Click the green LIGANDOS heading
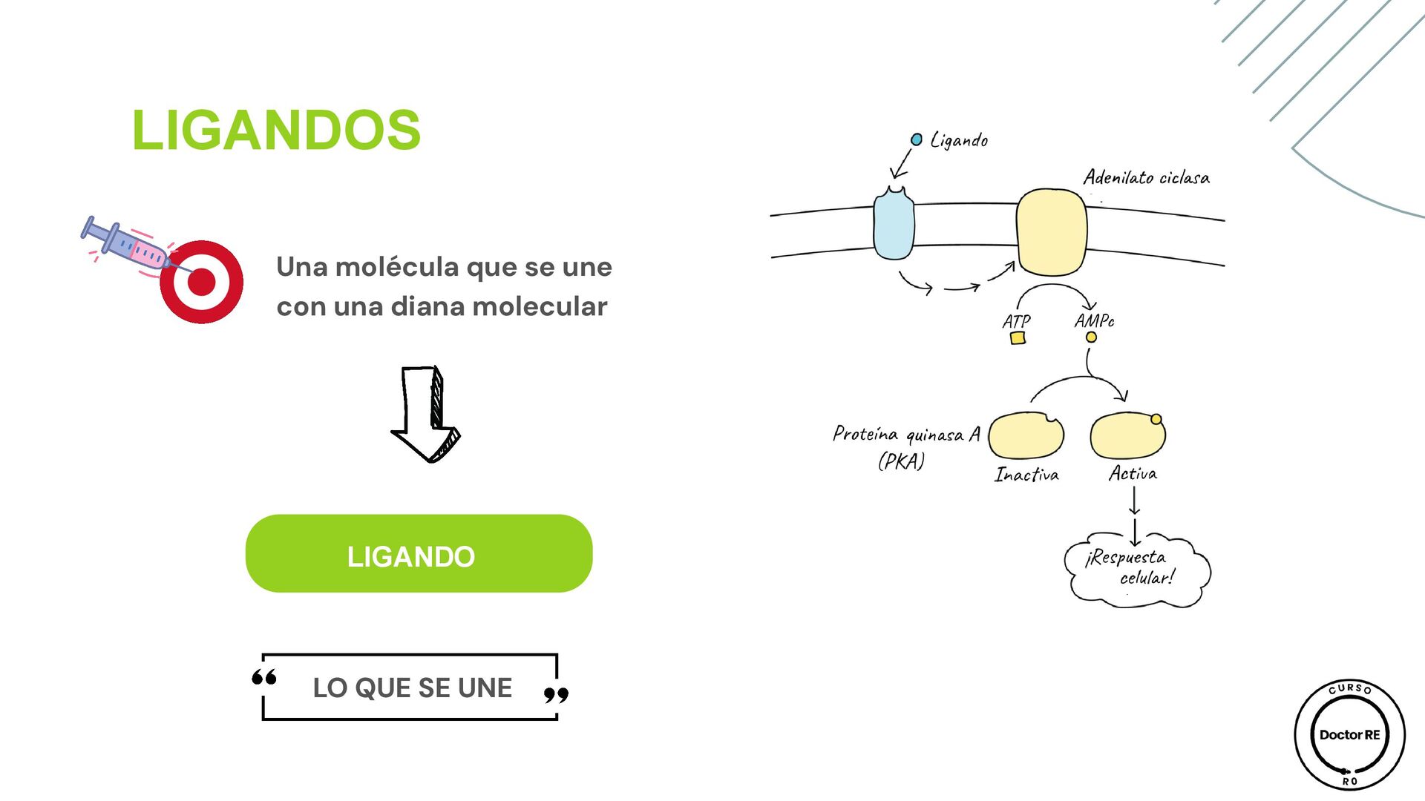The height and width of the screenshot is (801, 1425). point(276,131)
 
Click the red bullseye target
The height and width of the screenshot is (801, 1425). point(202,282)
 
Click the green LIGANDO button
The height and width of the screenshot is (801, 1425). point(419,554)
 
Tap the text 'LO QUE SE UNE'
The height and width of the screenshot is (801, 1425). point(412,688)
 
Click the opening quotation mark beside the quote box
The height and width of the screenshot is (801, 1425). point(264,677)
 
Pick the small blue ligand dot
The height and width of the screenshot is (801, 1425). point(917,139)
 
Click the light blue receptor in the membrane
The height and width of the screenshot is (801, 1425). point(894,224)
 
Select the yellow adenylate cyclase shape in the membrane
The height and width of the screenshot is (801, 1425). point(1051,232)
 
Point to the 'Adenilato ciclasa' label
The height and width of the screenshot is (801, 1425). point(1146,178)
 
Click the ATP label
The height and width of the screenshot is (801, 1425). point(1016,322)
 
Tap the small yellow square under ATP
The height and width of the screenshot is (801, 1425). point(1018,338)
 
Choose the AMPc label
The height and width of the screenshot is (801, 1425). point(1094,320)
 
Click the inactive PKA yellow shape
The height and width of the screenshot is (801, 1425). point(1026,436)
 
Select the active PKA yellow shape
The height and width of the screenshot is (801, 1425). point(1127,436)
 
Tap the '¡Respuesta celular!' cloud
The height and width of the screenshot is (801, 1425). point(1136,570)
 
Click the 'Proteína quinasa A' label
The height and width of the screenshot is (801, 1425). point(906,435)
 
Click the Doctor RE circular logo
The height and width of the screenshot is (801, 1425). point(1349,735)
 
